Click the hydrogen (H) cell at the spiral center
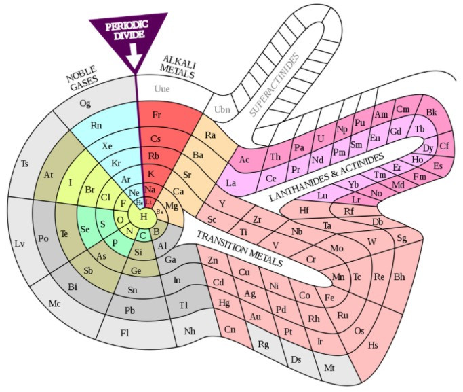coord(144,216)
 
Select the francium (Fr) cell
coord(157,114)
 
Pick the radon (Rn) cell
coord(96,125)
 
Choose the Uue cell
coord(162,88)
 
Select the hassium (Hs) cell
coord(373,344)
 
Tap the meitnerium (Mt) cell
coord(330,368)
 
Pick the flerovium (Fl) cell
coord(124,332)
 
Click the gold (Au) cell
coord(255,315)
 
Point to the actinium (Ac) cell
coord(245,160)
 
